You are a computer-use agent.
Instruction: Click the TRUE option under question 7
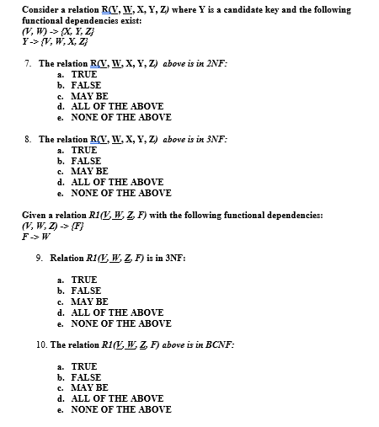coord(83,74)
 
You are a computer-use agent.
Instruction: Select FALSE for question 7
coord(85,85)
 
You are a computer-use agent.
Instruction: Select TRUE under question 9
coord(83,279)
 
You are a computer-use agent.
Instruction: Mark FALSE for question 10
coord(85,377)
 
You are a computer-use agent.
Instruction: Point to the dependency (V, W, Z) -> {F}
coord(54,226)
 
